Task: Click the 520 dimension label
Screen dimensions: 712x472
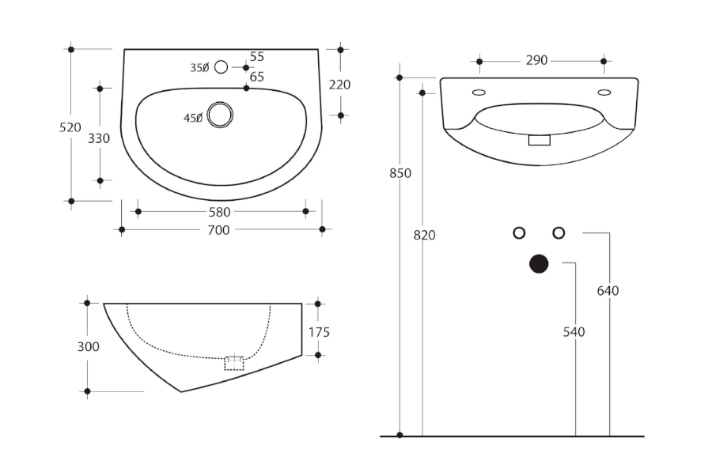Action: (70, 127)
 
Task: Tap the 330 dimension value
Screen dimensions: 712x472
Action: (99, 138)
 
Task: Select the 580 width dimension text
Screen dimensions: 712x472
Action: (219, 212)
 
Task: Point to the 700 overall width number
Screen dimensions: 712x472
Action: (218, 230)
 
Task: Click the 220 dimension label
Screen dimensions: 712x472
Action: (339, 85)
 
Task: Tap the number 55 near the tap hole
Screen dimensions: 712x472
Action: (257, 57)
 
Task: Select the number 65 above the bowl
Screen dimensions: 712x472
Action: (257, 77)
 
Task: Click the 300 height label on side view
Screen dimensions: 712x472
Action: (88, 347)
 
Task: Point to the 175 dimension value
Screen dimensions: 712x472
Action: (320, 332)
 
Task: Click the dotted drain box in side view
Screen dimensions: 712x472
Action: (234, 364)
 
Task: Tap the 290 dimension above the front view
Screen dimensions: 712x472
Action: (536, 60)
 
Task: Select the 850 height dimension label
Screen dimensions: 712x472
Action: (400, 173)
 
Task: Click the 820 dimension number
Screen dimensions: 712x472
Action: (425, 235)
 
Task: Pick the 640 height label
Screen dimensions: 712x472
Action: (608, 291)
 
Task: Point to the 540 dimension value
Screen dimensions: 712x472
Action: (574, 332)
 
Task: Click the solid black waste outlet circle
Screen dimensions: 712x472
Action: (539, 264)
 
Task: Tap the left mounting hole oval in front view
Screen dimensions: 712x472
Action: (479, 93)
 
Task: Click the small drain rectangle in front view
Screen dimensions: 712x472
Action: (540, 140)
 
